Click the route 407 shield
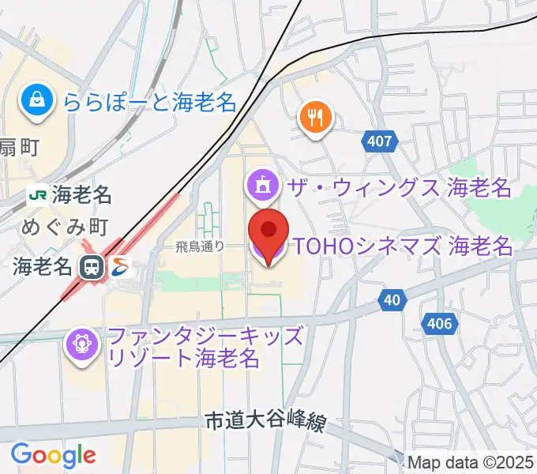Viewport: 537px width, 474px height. click(x=380, y=141)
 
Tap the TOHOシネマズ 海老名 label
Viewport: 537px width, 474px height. click(x=404, y=247)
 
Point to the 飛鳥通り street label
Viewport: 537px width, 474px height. click(x=201, y=246)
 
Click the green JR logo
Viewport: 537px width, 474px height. click(x=37, y=194)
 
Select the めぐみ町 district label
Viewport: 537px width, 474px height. click(x=65, y=228)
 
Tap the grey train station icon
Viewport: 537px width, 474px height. click(x=92, y=267)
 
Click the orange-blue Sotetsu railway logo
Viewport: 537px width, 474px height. click(x=121, y=267)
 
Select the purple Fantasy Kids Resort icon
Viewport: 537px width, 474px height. click(x=82, y=345)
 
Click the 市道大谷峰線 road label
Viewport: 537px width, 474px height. click(x=265, y=423)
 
